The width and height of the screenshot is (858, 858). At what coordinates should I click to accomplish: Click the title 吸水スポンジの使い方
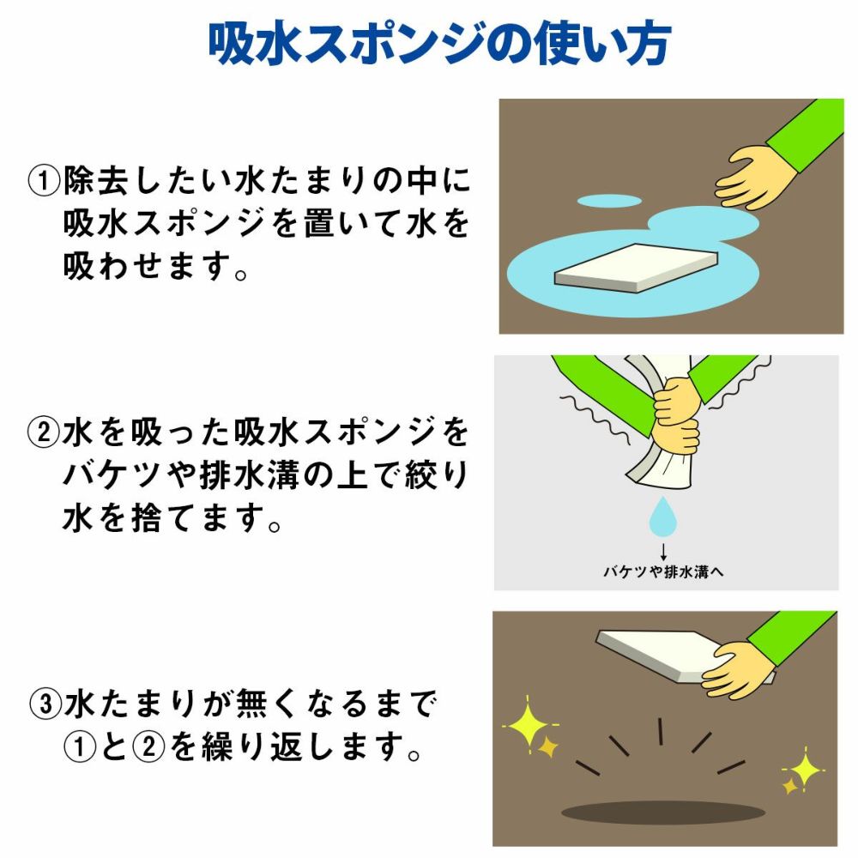[439, 44]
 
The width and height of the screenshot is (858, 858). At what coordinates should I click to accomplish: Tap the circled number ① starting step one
[44, 181]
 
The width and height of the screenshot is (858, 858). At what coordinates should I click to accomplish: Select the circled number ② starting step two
[43, 433]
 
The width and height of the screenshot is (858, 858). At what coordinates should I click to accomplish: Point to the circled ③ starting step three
[45, 704]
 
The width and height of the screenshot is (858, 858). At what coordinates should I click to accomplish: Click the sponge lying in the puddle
[636, 268]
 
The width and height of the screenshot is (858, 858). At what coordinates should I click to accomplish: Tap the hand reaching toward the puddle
[755, 178]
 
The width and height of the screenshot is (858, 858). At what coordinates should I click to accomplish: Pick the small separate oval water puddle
[609, 200]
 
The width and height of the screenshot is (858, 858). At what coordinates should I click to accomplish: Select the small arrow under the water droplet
[663, 552]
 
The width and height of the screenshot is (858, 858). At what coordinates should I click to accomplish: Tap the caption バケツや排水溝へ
[663, 572]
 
